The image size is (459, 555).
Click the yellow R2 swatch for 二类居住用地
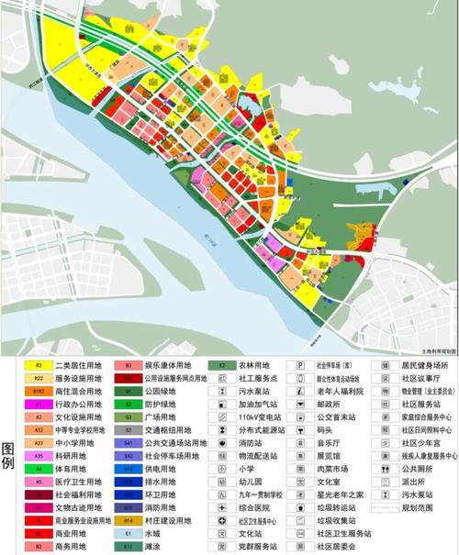[x=39, y=364]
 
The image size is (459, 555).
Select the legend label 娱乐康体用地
[x=167, y=364]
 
